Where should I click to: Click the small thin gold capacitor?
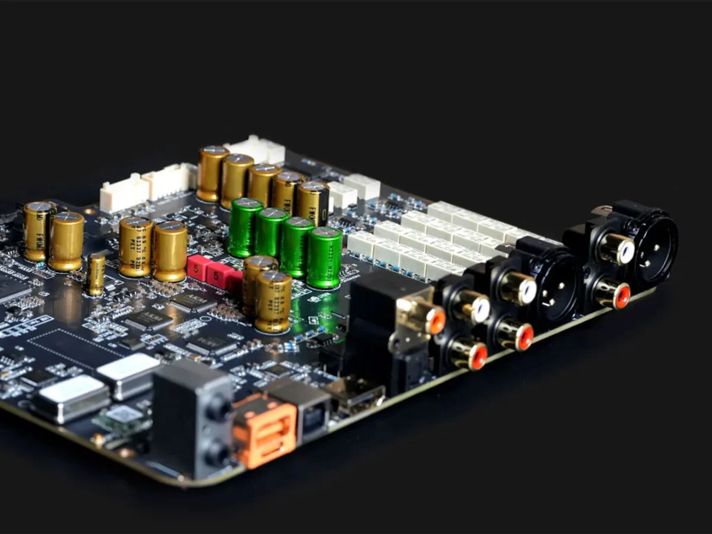[96, 274]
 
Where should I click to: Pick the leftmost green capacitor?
[246, 228]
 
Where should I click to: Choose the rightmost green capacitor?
[324, 258]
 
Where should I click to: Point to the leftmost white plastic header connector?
[123, 193]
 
